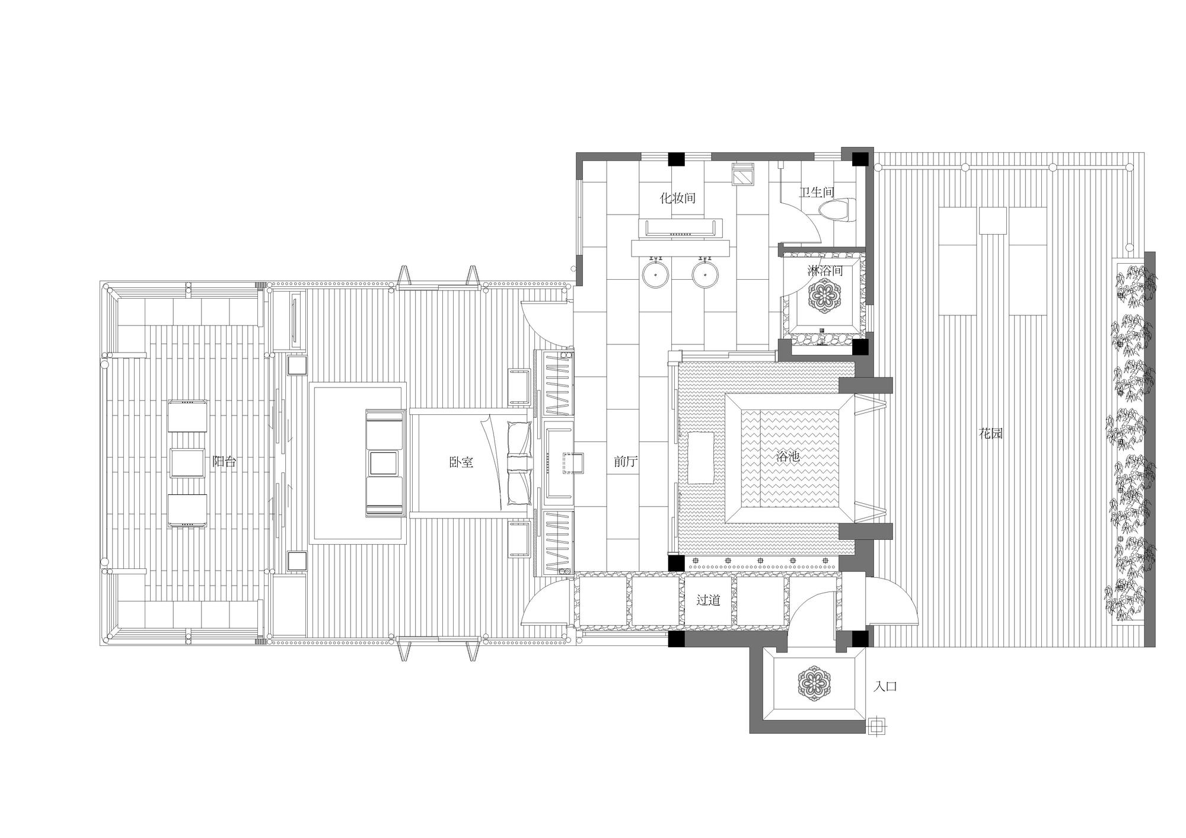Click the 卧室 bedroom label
pos(461,462)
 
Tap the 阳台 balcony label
pos(224,461)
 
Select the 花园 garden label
pos(990,433)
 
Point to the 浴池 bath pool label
pos(789,456)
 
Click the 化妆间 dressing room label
pos(678,198)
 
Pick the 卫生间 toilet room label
pos(817,192)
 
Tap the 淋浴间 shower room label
pos(825,271)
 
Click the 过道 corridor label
pos(708,600)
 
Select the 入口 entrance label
pos(885,686)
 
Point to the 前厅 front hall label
pos(625,461)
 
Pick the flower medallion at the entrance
pos(814,682)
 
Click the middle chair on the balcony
pos(187,463)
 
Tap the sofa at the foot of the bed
pos(385,462)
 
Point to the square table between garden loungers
pos(993,220)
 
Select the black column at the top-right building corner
pos(860,159)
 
